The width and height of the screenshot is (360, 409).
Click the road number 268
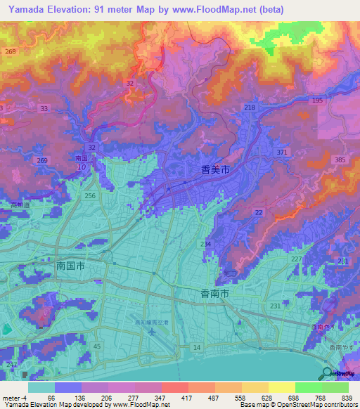10,52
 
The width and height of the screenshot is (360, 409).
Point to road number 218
250,107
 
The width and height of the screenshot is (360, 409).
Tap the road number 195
318,101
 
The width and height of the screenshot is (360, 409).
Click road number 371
283,152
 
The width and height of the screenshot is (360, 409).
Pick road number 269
42,161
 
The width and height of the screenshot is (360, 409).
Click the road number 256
89,196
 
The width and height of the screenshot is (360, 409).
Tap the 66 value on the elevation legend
51,398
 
